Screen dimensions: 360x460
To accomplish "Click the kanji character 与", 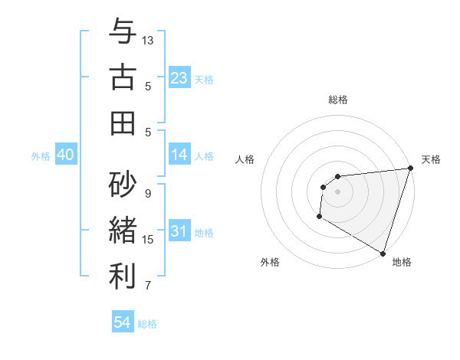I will tap(123, 32).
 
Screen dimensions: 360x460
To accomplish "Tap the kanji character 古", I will tap(123, 77).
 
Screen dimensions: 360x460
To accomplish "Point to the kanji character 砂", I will tap(123, 184).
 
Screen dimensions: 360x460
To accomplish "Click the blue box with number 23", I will tap(179, 77).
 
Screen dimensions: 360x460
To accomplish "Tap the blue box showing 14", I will tap(179, 155).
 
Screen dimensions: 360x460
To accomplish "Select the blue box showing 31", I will tap(179, 231).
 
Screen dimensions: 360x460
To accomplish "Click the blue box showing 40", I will tap(65, 155).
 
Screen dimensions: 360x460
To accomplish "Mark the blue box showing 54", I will tap(123, 322).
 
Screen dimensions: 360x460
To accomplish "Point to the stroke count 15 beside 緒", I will tap(148, 240).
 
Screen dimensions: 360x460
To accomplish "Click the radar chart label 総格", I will tap(338, 100).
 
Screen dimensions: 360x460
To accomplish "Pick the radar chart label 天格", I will tap(431, 159).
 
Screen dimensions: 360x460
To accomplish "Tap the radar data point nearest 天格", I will tap(410, 169).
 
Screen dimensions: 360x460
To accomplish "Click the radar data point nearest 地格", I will tap(383, 253).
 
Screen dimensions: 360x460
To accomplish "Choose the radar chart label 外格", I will tap(270, 263).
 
